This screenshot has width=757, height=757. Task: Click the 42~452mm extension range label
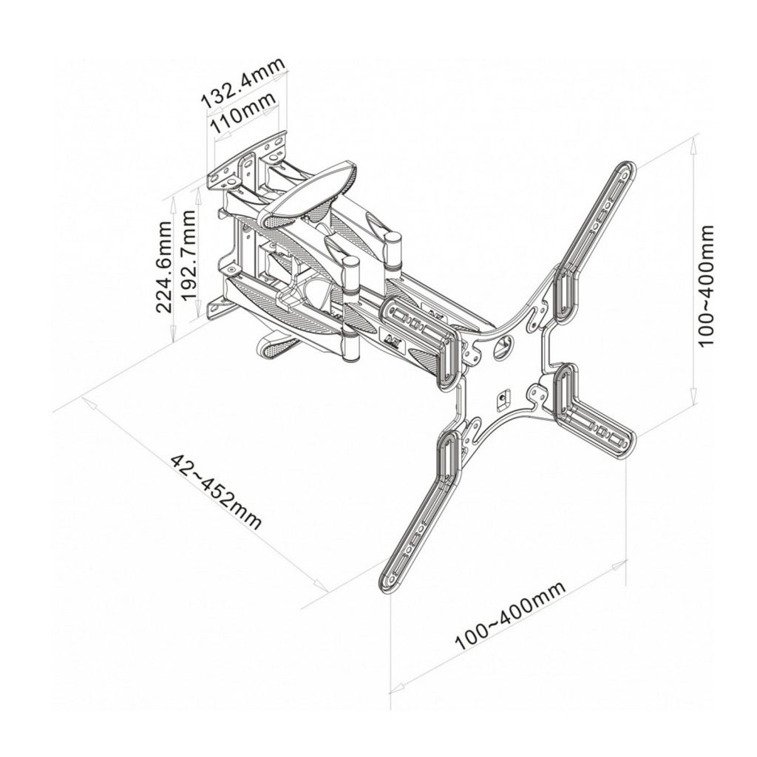click(216, 491)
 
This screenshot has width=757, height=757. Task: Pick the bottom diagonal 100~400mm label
click(510, 615)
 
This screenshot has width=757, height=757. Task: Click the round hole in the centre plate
click(503, 347)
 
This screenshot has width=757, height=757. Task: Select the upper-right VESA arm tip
click(625, 172)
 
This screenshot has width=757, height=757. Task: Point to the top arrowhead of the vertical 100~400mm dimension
click(693, 145)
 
